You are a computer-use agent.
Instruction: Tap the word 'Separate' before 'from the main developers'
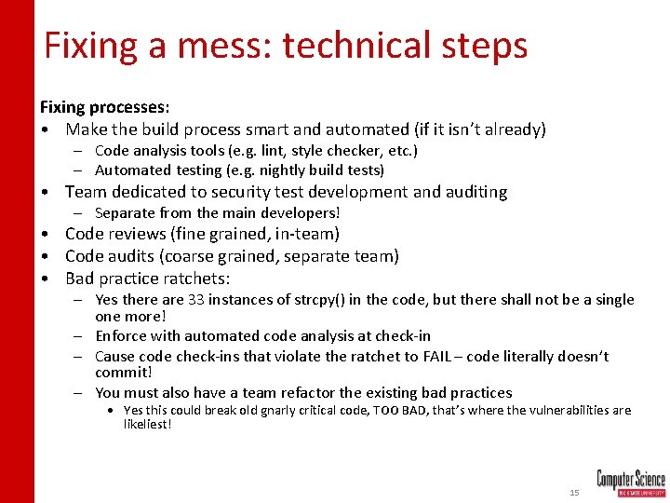coord(127,213)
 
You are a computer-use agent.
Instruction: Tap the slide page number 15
coord(574,491)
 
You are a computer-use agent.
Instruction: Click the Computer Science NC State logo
coord(630,483)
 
